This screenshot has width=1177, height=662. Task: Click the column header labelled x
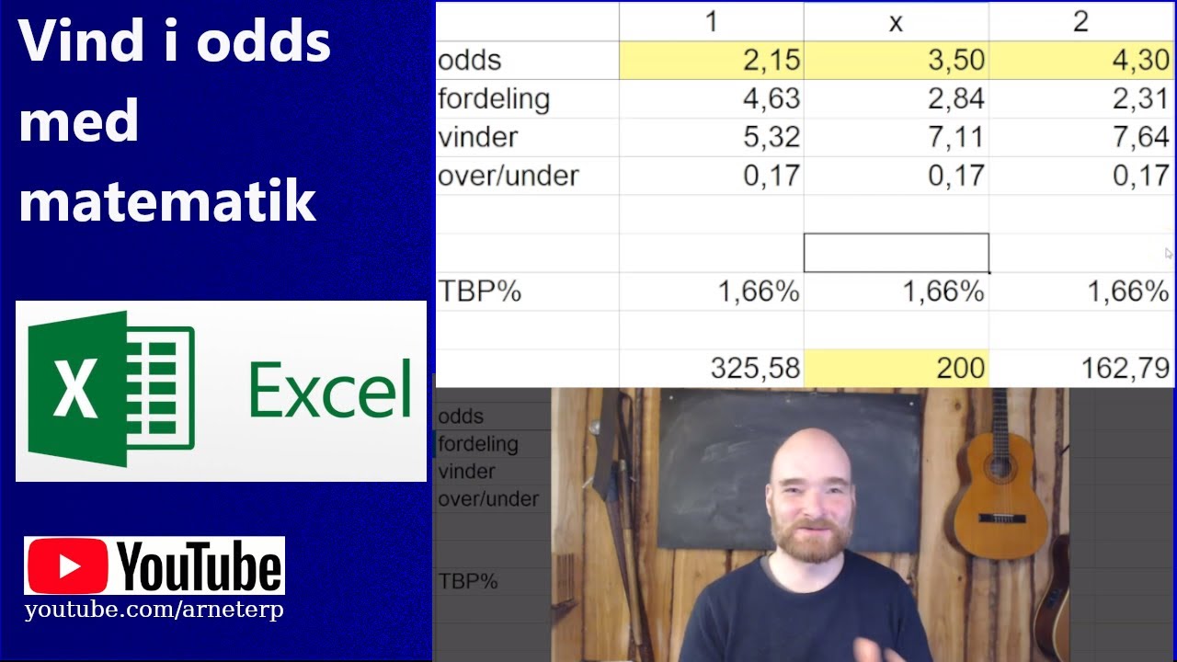pos(896,22)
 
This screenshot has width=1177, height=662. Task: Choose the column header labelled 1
pos(711,22)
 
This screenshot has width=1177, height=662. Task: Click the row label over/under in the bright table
pos(509,176)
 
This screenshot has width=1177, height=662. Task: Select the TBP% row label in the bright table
pos(480,291)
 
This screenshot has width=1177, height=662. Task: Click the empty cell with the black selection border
pos(896,253)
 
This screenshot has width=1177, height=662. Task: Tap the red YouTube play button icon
pos(67,566)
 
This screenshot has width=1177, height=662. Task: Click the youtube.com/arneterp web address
pos(154,611)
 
